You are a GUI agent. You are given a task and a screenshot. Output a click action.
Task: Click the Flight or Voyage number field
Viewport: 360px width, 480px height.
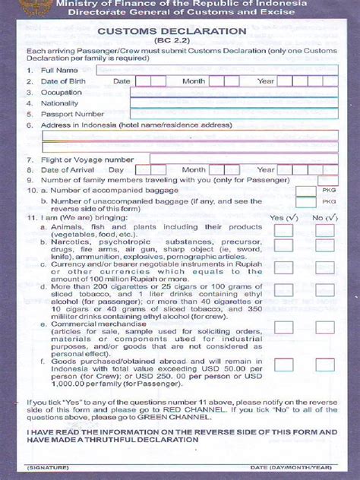243,159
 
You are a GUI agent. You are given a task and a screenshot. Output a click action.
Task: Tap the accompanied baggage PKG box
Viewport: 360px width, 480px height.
306,191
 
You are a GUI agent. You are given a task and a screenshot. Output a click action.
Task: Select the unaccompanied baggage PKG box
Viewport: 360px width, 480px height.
306,202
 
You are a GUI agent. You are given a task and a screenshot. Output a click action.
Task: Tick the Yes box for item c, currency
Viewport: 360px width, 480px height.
283,269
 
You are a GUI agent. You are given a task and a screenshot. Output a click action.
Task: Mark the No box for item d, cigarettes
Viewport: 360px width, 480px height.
325,290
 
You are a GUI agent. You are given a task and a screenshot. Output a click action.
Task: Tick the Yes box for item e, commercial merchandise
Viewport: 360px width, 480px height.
283,327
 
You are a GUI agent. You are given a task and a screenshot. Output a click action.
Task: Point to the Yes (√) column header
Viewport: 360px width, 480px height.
283,217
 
